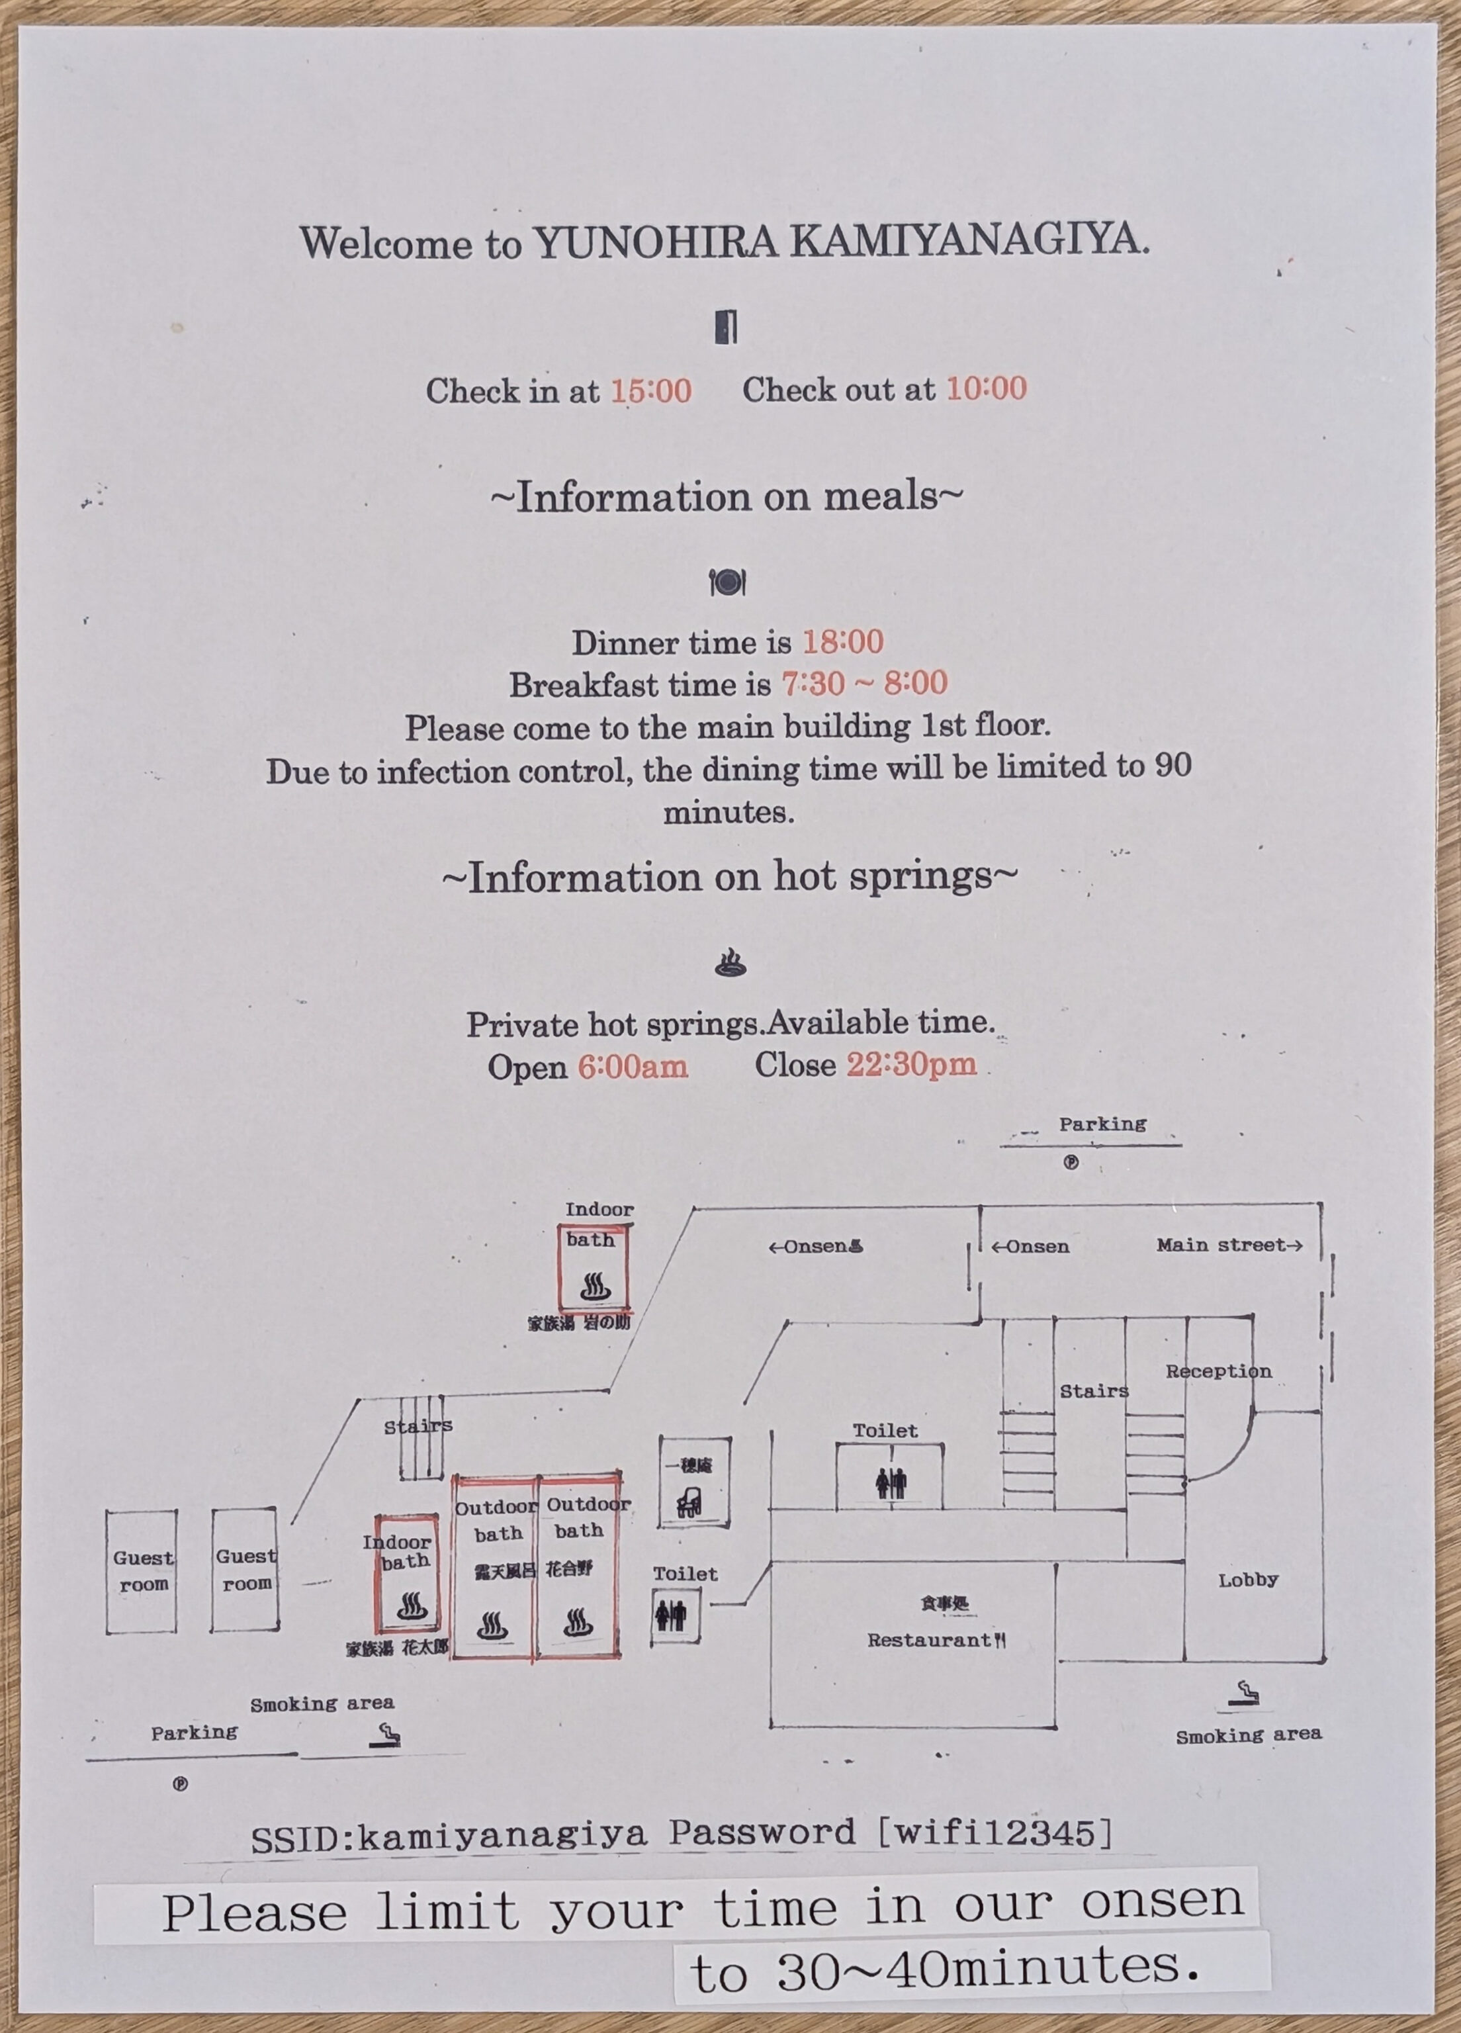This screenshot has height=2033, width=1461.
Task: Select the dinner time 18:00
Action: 842,642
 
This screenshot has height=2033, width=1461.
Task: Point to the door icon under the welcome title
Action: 726,326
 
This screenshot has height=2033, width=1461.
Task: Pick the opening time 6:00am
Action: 633,1067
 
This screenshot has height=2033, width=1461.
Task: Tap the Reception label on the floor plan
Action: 1218,1371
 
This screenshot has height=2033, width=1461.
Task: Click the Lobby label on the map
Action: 1248,1580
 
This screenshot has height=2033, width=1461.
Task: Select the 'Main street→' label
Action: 1229,1245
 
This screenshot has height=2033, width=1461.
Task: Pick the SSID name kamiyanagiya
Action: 502,1836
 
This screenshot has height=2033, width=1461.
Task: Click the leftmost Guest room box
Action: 142,1571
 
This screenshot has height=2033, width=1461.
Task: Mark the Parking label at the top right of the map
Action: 1102,1124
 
